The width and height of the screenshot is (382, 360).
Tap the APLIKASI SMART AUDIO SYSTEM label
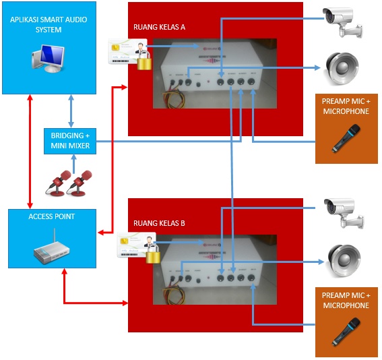pyautogui.click(x=49, y=25)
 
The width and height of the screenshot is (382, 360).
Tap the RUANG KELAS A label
pyautogui.click(x=159, y=28)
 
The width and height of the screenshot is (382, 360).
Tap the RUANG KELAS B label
pyautogui.click(x=159, y=224)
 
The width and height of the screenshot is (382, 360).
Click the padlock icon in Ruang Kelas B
pyautogui.click(x=154, y=256)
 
